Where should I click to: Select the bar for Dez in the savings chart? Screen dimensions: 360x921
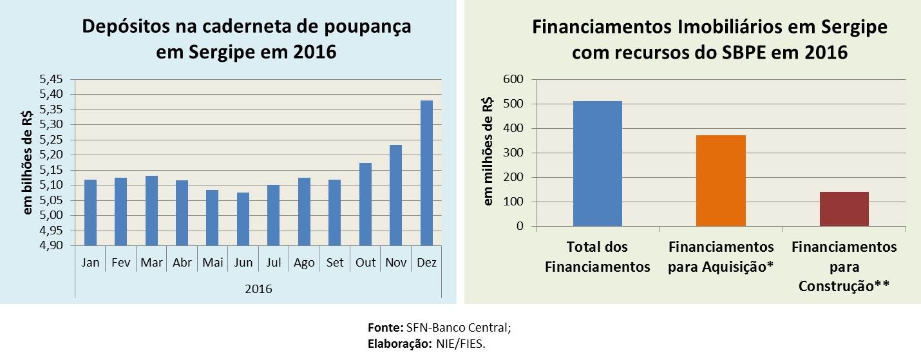[x=426, y=173]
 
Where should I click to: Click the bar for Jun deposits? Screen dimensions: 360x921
[x=243, y=219]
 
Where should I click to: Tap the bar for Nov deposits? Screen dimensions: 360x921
[x=395, y=195]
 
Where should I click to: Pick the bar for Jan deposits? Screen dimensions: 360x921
[x=90, y=213]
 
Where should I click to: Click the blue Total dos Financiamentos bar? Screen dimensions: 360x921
[x=598, y=164]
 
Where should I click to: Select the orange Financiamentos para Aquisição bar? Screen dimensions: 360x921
[x=721, y=181]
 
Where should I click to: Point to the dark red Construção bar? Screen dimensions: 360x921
[x=844, y=209]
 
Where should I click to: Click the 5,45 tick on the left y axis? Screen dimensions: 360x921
[x=52, y=79]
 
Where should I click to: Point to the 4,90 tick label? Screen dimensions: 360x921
[x=52, y=245]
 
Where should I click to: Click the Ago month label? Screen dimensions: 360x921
[x=304, y=263]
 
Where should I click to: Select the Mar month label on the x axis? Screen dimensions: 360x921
[x=151, y=263]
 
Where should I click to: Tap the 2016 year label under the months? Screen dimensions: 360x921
[x=258, y=289]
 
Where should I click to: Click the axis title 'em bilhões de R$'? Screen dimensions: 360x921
[x=27, y=163]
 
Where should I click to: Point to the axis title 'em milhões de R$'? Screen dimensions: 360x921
[x=489, y=152]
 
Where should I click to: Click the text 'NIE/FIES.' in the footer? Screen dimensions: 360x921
[x=460, y=343]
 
